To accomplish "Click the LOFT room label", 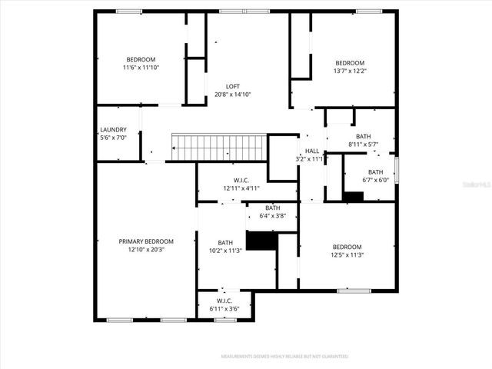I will click(x=232, y=86).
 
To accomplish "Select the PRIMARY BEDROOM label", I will click(x=146, y=241).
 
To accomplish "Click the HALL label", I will click(x=312, y=151).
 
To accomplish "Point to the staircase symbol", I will click(x=218, y=146).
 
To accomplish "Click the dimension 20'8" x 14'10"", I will click(x=232, y=95).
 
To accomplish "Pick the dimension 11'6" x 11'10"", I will click(x=141, y=68).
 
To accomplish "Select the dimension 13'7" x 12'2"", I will click(x=349, y=71).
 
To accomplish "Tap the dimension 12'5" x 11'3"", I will click(x=346, y=255).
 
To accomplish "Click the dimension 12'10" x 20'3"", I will click(x=146, y=249).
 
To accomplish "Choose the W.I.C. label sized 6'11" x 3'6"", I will click(x=224, y=301).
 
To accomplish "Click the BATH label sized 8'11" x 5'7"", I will click(x=363, y=136).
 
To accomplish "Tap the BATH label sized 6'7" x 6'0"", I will click(x=375, y=172).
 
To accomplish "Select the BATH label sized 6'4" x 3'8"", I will click(x=273, y=208).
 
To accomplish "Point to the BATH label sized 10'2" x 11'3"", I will click(x=224, y=242).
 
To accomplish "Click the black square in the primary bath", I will click(x=262, y=241).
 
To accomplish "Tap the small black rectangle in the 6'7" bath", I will click(x=353, y=197).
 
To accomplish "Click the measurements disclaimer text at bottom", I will click(x=284, y=357).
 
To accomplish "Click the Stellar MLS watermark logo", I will click(x=471, y=185).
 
